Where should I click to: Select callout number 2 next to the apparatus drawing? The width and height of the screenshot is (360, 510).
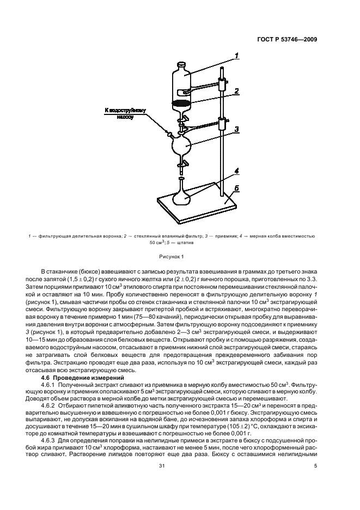click(237, 92)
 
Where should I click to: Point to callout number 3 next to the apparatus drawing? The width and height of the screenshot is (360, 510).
click(237, 130)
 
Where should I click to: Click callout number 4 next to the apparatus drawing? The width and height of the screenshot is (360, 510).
click(236, 171)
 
